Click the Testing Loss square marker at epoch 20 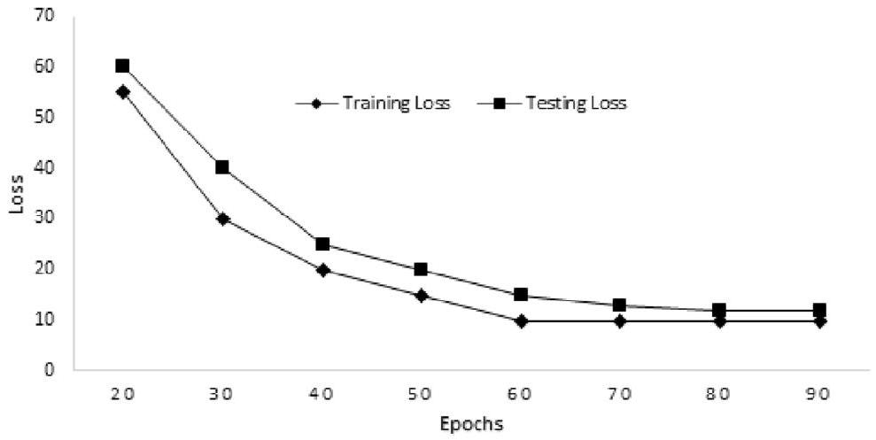pyautogui.click(x=122, y=66)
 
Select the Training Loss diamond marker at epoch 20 pyautogui.click(x=122, y=91)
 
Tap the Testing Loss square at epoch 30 pyautogui.click(x=222, y=166)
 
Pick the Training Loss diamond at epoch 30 pyautogui.click(x=222, y=218)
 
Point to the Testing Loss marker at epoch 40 pyautogui.click(x=322, y=243)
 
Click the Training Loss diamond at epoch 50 pyautogui.click(x=422, y=295)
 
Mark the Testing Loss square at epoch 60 pyautogui.click(x=521, y=295)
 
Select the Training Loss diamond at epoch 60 pyautogui.click(x=521, y=320)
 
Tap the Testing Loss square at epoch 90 pyautogui.click(x=819, y=310)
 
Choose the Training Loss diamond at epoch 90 pyautogui.click(x=819, y=320)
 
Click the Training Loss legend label pyautogui.click(x=396, y=104)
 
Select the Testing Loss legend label pyautogui.click(x=576, y=104)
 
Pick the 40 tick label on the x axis pyautogui.click(x=322, y=393)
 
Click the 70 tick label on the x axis pyautogui.click(x=620, y=393)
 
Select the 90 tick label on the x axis pyautogui.click(x=819, y=393)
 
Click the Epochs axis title pyautogui.click(x=471, y=423)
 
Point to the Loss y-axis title pyautogui.click(x=16, y=192)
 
